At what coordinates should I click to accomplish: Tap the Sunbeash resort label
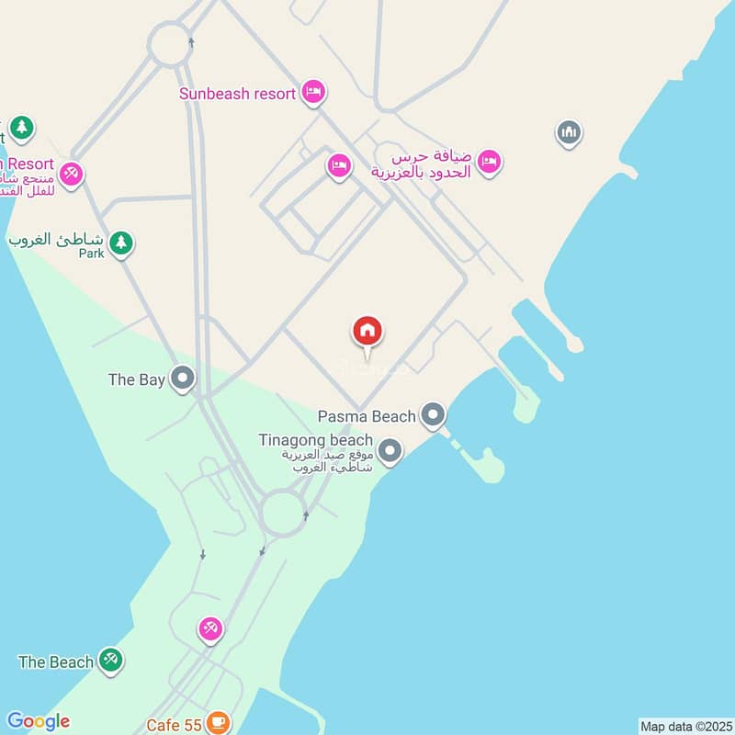238,93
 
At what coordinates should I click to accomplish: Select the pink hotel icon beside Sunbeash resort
314,92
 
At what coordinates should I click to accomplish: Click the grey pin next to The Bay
183,379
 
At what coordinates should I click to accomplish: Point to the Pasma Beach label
367,417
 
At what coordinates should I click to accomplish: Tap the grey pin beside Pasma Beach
433,415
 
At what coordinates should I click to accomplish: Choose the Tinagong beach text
315,440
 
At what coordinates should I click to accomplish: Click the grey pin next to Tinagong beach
390,450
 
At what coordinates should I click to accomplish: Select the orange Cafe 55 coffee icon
218,723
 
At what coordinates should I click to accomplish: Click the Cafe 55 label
174,725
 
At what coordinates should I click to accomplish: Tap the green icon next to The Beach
111,660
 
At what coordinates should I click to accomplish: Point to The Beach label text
56,661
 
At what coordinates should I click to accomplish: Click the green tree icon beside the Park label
120,243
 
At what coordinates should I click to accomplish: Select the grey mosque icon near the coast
569,133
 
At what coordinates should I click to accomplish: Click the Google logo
38,721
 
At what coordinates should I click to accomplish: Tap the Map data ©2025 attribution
684,726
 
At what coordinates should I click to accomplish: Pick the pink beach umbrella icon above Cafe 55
210,629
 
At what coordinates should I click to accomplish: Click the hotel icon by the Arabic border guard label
489,162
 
